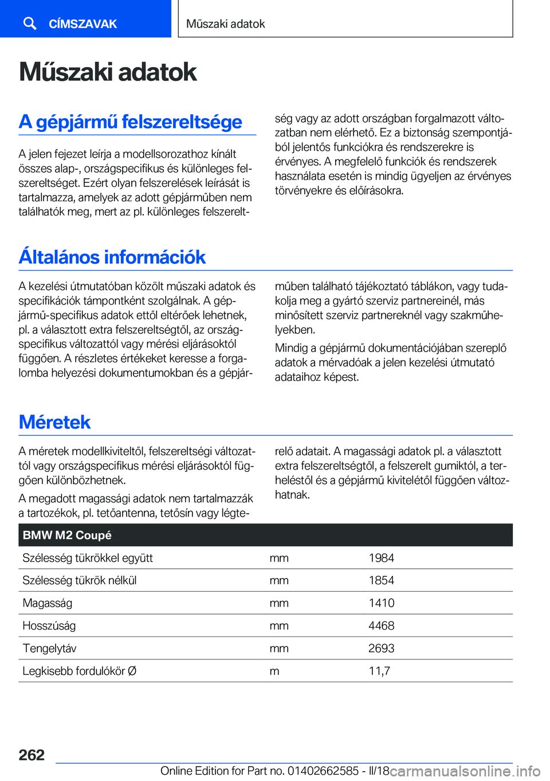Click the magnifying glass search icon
[30, 24]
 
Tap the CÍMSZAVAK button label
[82, 24]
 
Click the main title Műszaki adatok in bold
[108, 72]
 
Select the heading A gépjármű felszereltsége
[131, 122]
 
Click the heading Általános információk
[112, 257]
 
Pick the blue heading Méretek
[55, 422]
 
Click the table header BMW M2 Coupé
[67, 535]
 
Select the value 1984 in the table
[382, 558]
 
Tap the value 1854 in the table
[382, 580]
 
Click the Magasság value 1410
[382, 603]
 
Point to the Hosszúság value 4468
[382, 626]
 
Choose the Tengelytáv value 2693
[382, 649]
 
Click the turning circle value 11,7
[379, 671]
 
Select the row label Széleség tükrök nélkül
[80, 580]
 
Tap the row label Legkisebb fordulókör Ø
[80, 671]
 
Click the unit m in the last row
[274, 671]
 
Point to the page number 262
[32, 755]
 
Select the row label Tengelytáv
[49, 649]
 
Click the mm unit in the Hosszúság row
[279, 626]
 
